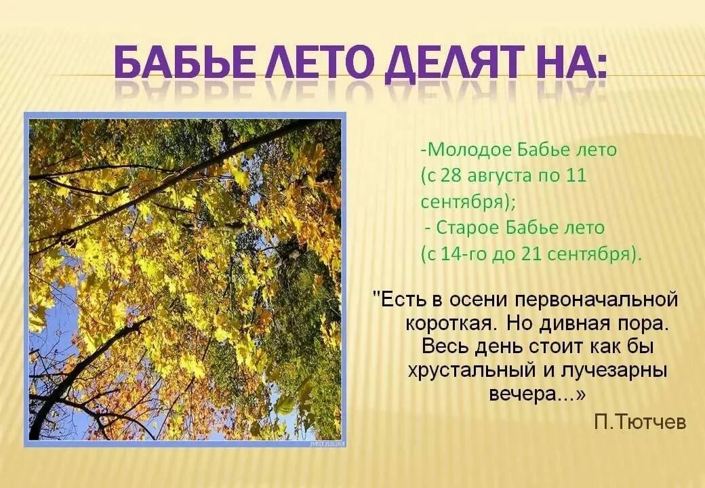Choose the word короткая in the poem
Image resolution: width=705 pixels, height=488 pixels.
tap(451, 323)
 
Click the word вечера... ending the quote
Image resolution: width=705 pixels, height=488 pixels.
tap(536, 395)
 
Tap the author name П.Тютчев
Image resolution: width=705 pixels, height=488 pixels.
tap(640, 422)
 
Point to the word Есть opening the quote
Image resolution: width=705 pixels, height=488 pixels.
tap(401, 300)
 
